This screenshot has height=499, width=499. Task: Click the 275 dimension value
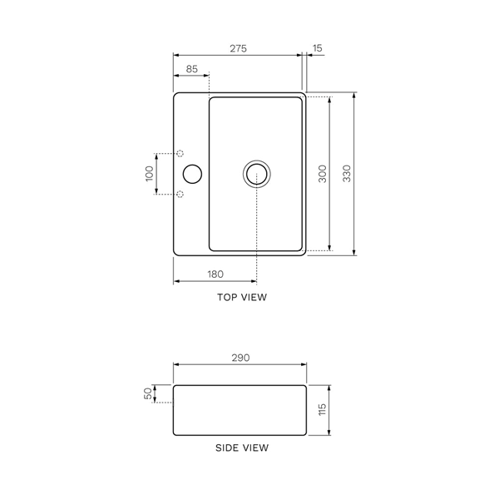coord(238,48)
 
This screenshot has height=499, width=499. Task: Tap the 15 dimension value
coord(318,48)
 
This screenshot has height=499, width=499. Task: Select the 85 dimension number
coord(191,69)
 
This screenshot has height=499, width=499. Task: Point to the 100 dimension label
coord(149,174)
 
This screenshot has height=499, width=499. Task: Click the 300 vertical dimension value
coord(323,174)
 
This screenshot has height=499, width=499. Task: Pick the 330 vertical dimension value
coord(347,174)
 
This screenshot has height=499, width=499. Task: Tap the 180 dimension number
coord(215,274)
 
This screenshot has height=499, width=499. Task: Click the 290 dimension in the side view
coord(240,358)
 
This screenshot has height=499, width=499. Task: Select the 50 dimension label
coord(148,393)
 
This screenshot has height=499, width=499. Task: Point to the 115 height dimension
coord(322,409)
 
